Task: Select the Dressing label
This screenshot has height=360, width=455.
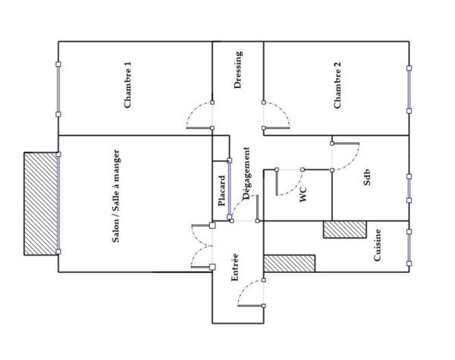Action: point(239,70)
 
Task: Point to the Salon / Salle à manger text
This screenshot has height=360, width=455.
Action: point(116,196)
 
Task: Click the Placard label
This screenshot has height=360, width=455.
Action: point(221,192)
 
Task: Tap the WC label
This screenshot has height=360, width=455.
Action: point(303,194)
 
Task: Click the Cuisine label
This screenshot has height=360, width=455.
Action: point(377,246)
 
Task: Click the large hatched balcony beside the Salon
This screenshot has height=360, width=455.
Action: point(41,203)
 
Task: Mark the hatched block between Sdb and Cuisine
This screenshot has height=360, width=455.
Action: point(344,230)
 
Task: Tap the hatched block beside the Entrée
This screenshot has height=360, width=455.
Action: point(288,264)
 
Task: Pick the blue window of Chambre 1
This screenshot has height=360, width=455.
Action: point(58,89)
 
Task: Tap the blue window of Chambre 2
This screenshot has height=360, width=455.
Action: point(409,89)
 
